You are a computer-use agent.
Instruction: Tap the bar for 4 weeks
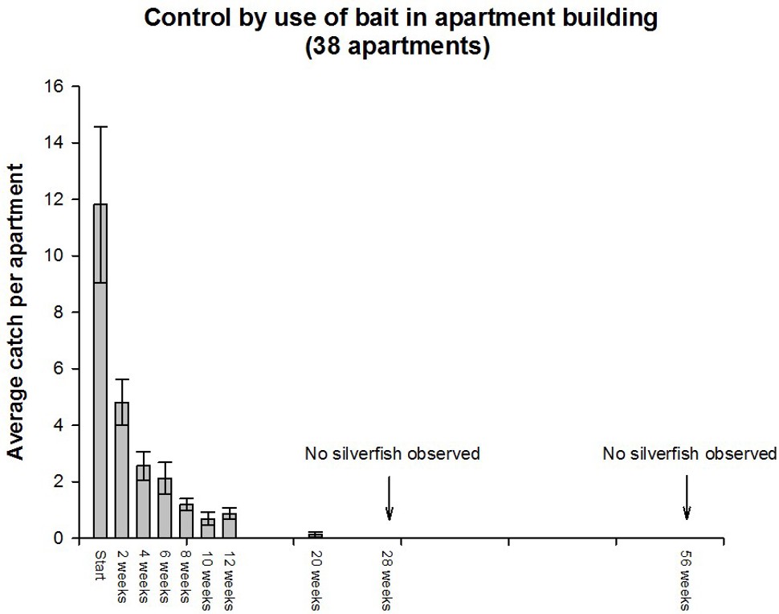(143, 501)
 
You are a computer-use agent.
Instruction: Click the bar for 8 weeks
(186, 522)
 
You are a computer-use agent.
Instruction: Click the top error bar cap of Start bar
(100, 127)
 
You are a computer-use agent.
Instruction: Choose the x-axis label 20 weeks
(315, 578)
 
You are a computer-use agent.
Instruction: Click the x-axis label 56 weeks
(687, 578)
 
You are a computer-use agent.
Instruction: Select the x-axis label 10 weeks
(208, 578)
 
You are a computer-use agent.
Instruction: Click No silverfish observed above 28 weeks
(392, 454)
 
